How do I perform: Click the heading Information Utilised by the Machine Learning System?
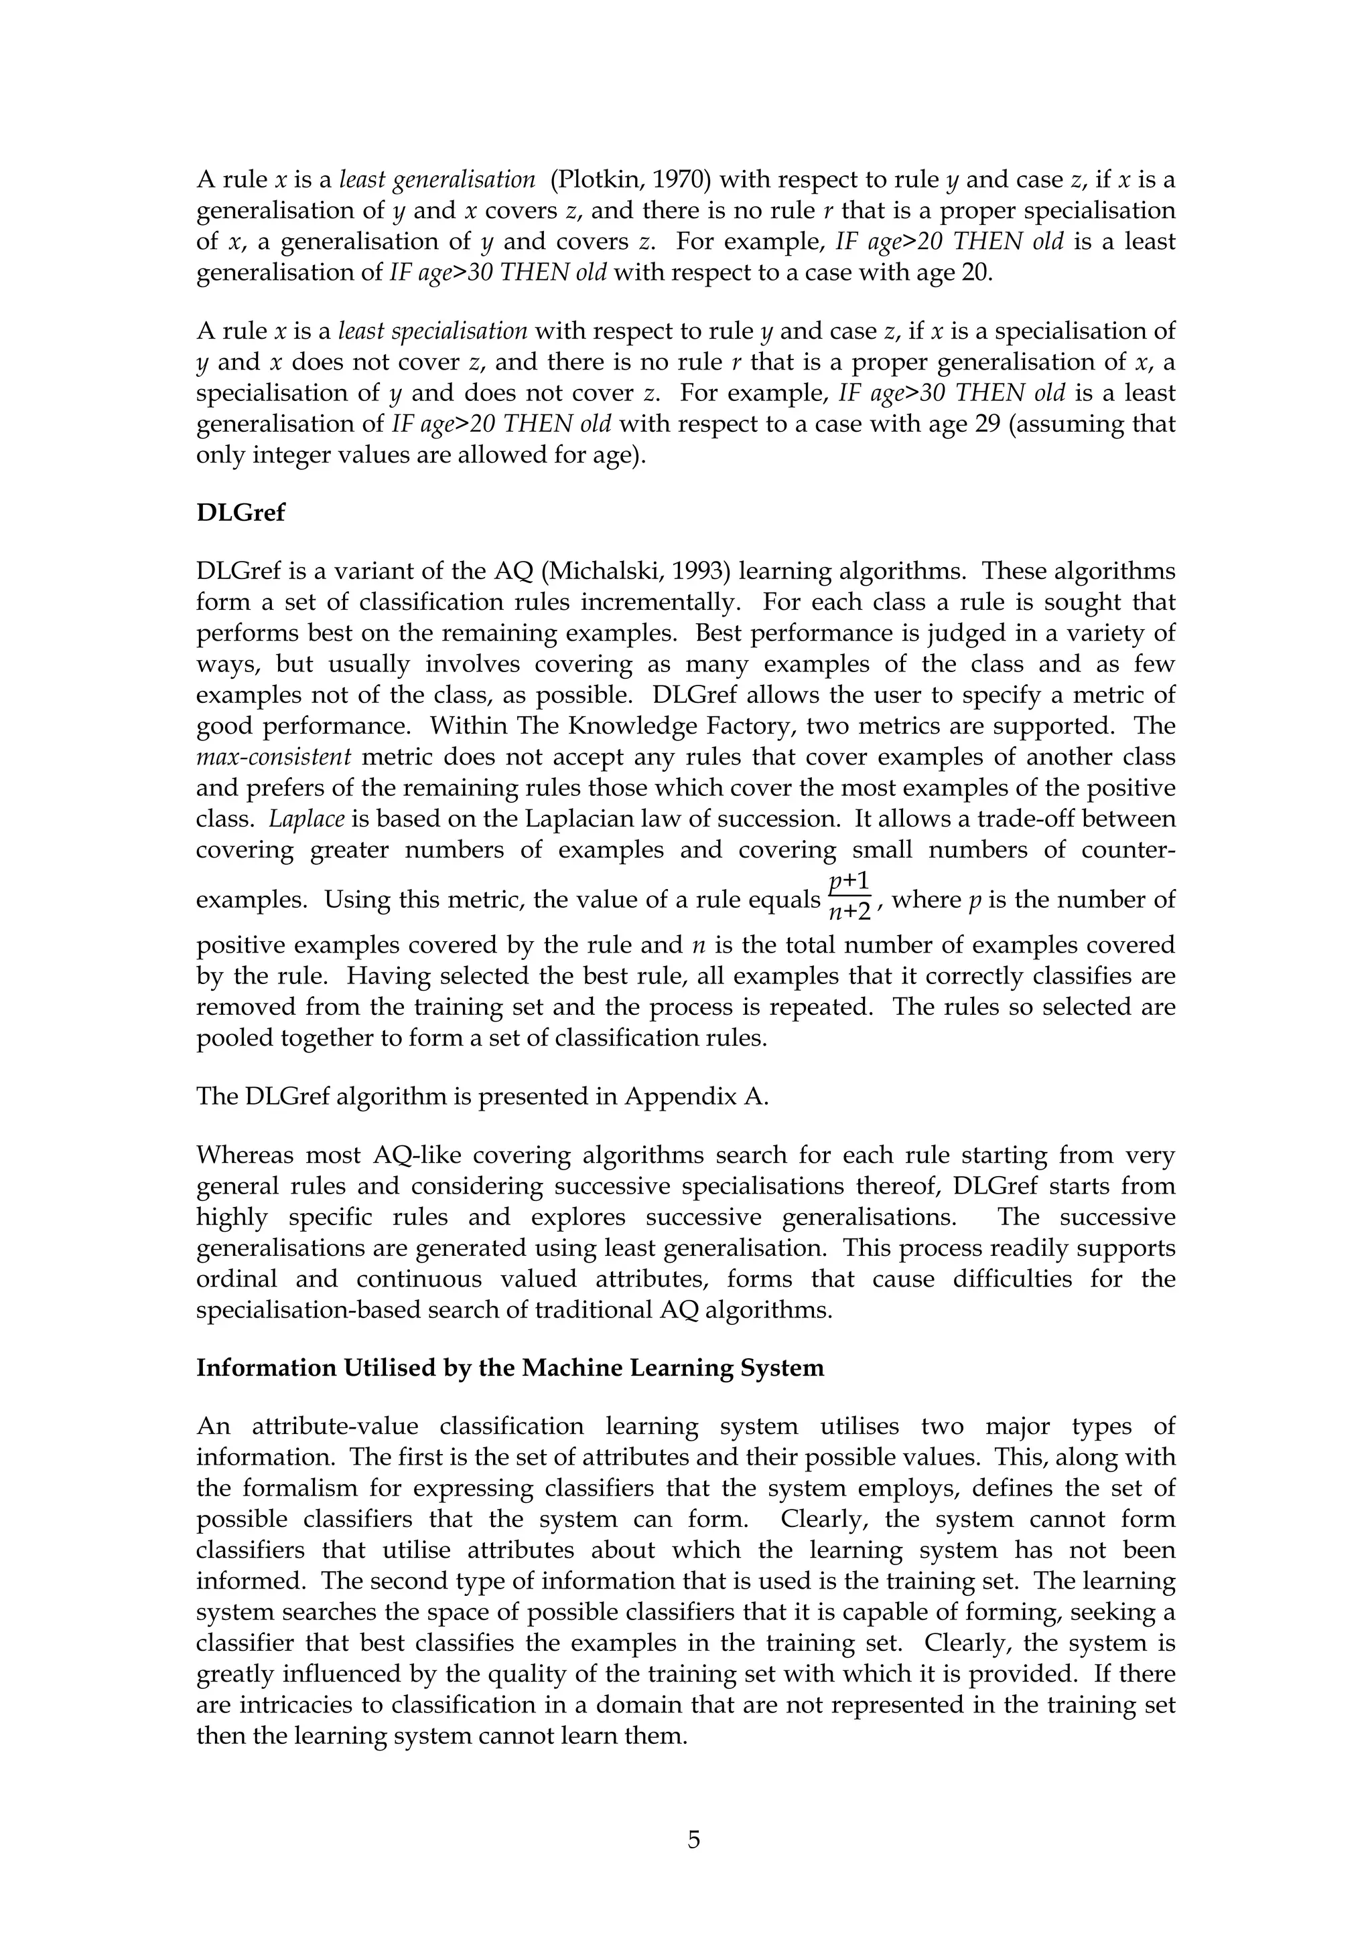point(510,1368)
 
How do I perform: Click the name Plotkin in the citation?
point(593,179)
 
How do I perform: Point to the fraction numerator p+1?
point(849,883)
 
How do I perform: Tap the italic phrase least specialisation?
point(433,331)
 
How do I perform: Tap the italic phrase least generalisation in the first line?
point(437,179)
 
